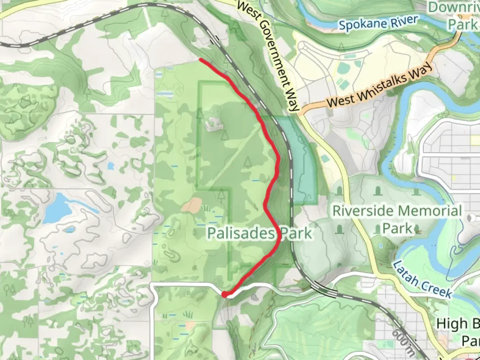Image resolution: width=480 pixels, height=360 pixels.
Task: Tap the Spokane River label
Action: pos(378,23)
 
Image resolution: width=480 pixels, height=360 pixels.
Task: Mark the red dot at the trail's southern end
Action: pos(225,294)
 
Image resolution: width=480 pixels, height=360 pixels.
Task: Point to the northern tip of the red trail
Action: pos(201,60)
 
